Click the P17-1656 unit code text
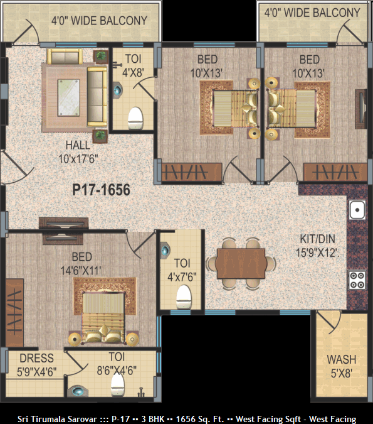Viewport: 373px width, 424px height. pyautogui.click(x=101, y=190)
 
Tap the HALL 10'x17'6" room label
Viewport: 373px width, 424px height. pyautogui.click(x=78, y=152)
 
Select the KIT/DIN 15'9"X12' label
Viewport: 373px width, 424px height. pyautogui.click(x=318, y=246)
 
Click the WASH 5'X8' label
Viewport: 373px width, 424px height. pyautogui.click(x=342, y=366)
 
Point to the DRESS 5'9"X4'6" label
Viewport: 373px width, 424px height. pyautogui.click(x=37, y=365)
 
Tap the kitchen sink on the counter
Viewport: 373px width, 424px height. pyautogui.click(x=357, y=210)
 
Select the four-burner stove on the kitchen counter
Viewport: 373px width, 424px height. pyautogui.click(x=357, y=280)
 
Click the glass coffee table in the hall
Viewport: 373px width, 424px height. pyautogui.click(x=69, y=97)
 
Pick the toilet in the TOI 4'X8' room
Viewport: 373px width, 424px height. pyautogui.click(x=135, y=119)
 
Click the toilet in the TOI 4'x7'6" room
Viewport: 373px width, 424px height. pyautogui.click(x=184, y=297)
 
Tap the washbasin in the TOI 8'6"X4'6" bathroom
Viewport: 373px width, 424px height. pyautogui.click(x=78, y=391)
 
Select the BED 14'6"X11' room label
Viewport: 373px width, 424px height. pyautogui.click(x=81, y=264)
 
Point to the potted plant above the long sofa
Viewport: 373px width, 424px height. pyautogui.click(x=101, y=56)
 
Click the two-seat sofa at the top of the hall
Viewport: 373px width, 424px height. pyautogui.click(x=65, y=57)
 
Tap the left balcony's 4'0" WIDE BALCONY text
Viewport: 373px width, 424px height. pyautogui.click(x=99, y=21)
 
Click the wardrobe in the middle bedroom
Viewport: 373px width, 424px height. pyautogui.click(x=191, y=172)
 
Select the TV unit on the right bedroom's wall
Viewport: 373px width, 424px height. pyautogui.click(x=361, y=109)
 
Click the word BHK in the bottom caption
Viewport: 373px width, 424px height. pyautogui.click(x=157, y=419)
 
